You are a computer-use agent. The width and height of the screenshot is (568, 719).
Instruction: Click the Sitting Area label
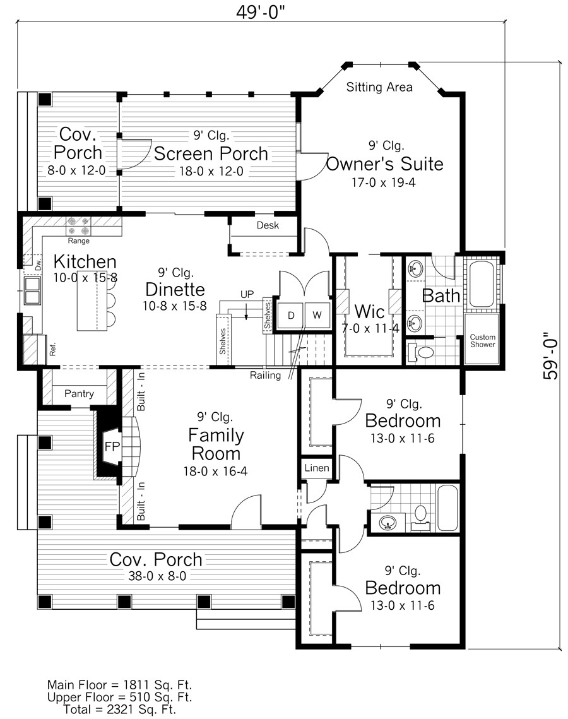pyautogui.click(x=379, y=87)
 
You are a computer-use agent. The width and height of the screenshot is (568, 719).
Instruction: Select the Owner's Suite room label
pyautogui.click(x=384, y=163)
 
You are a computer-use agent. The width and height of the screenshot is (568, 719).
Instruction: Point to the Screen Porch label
pyautogui.click(x=211, y=153)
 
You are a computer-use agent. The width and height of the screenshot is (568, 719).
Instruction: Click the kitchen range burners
pyautogui.click(x=78, y=225)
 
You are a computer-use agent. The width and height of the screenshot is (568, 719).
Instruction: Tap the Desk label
pyautogui.click(x=268, y=225)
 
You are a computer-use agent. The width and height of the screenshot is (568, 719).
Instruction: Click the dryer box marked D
pyautogui.click(x=291, y=316)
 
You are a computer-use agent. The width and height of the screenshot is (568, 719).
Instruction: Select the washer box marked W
pyautogui.click(x=317, y=316)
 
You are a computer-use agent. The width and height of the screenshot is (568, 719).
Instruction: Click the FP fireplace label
pyautogui.click(x=112, y=446)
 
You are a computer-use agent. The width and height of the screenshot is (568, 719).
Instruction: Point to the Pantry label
pyautogui.click(x=79, y=393)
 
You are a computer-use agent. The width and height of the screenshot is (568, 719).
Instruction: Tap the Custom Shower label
pyautogui.click(x=482, y=341)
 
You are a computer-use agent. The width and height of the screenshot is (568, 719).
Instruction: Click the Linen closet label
pyautogui.click(x=317, y=468)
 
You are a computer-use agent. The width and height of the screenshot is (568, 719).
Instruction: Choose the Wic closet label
pyautogui.click(x=369, y=312)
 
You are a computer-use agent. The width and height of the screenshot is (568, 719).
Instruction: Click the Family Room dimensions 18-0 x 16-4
pyautogui.click(x=215, y=471)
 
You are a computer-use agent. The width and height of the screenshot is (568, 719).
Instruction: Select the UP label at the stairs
pyautogui.click(x=247, y=294)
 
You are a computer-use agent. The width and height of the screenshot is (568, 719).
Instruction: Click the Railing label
pyautogui.click(x=266, y=375)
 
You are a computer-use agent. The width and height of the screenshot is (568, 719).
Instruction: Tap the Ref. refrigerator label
pyautogui.click(x=52, y=350)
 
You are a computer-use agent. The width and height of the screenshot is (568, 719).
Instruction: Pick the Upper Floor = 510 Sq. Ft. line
pyautogui.click(x=120, y=698)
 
